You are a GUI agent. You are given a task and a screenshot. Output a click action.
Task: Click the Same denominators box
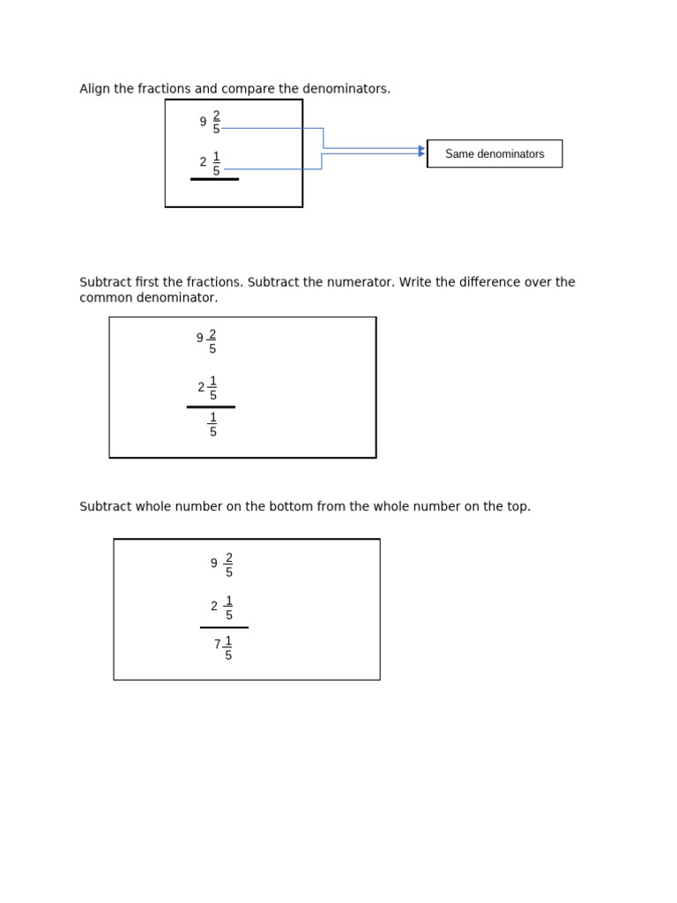[x=495, y=153]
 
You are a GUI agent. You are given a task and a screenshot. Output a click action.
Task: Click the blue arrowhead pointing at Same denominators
[x=421, y=151]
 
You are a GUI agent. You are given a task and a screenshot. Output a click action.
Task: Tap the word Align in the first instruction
[x=94, y=89]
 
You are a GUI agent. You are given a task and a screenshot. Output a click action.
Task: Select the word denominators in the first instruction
[x=352, y=89]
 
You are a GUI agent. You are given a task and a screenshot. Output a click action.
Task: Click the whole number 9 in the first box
[x=203, y=123]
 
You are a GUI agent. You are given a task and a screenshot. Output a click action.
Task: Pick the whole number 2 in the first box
[x=203, y=162]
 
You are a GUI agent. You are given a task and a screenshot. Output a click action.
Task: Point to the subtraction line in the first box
[x=214, y=179]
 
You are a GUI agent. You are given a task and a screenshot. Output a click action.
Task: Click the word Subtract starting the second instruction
[x=106, y=282]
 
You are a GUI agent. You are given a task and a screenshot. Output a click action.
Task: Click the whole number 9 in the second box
[x=200, y=338]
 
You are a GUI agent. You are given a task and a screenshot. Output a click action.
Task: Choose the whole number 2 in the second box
[x=201, y=387]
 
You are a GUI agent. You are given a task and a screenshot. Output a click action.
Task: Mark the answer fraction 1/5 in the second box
[x=212, y=424]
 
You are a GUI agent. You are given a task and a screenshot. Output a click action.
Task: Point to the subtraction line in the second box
[x=211, y=407]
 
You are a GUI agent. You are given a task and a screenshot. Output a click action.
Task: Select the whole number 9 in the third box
[x=214, y=563]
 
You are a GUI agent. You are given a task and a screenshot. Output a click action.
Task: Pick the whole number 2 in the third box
[x=214, y=607]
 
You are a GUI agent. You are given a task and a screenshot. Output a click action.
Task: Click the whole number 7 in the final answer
[x=218, y=645]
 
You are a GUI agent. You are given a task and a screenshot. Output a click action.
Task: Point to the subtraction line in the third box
[x=224, y=628]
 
